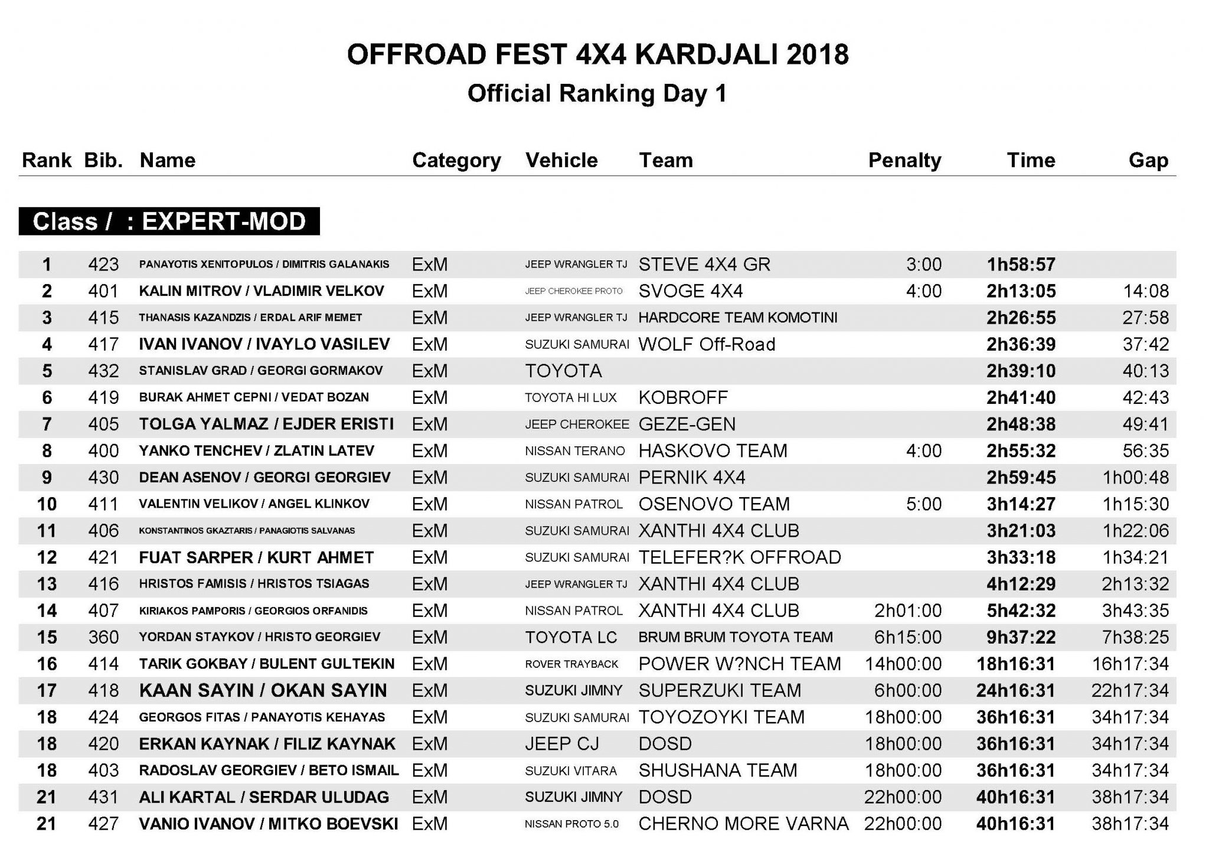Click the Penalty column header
[x=904, y=161]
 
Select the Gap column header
[x=1148, y=161]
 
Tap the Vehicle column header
[x=561, y=161]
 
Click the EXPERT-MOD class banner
[x=169, y=221]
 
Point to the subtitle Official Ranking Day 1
[x=597, y=93]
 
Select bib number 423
[x=103, y=265]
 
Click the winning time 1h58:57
[x=1021, y=265]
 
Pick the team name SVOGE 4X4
[x=691, y=291]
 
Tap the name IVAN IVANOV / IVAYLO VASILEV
[x=264, y=344]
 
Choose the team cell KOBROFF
[x=683, y=397]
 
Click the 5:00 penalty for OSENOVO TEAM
[x=924, y=504]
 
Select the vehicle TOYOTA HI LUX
[x=571, y=398]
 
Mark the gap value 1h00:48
[x=1135, y=478]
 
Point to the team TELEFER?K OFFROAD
[x=740, y=557]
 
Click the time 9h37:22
[x=1021, y=637]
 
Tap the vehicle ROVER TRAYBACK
[x=571, y=664]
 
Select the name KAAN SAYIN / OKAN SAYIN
[x=263, y=690]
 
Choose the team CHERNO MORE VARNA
[x=743, y=824]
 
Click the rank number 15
[x=47, y=637]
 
